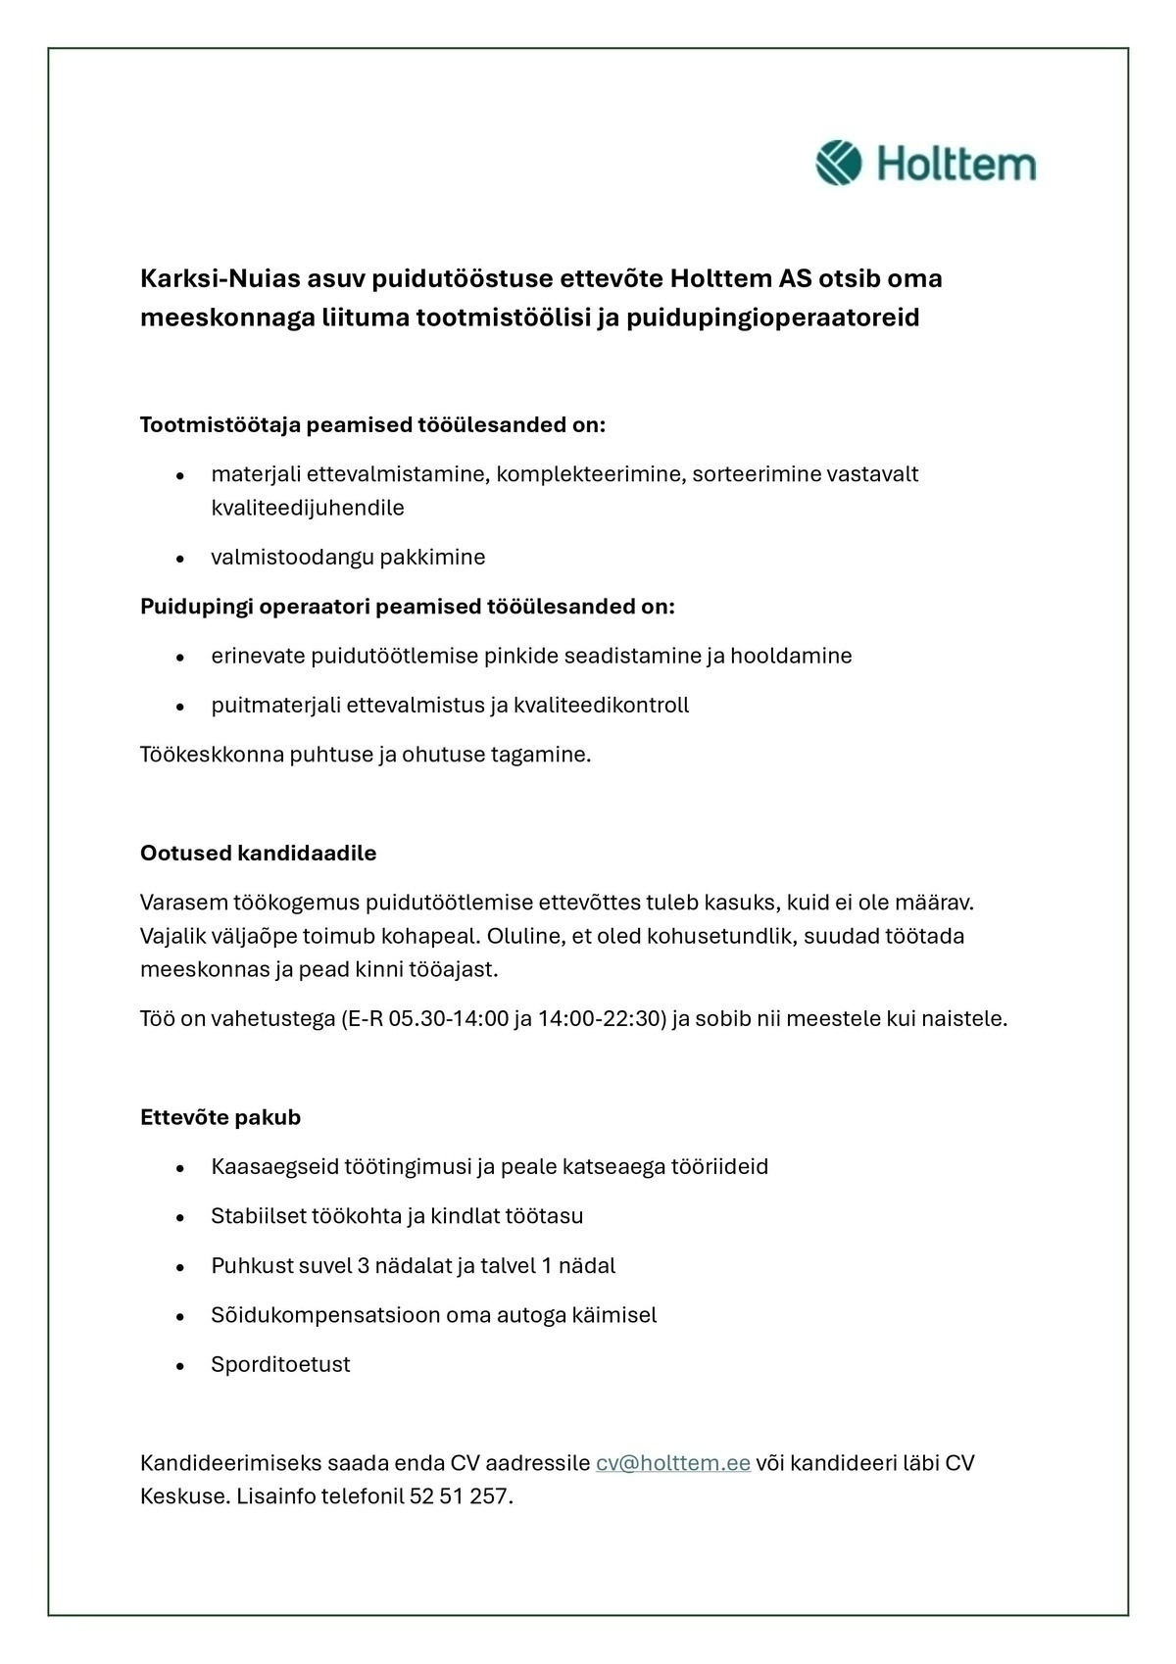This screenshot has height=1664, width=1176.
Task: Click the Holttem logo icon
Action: (x=838, y=163)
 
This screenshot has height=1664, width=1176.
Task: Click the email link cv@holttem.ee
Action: (x=672, y=1463)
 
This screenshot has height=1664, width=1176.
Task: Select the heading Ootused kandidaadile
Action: (x=258, y=853)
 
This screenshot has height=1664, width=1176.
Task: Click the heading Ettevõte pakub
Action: (x=220, y=1117)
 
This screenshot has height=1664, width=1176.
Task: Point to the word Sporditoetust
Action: (x=280, y=1364)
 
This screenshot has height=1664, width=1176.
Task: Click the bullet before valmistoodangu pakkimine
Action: (x=180, y=559)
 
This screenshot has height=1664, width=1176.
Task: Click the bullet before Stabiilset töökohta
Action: (x=180, y=1217)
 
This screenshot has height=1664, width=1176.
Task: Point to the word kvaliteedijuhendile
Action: (x=308, y=508)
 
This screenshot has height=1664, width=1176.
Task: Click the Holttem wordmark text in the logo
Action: (x=955, y=164)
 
